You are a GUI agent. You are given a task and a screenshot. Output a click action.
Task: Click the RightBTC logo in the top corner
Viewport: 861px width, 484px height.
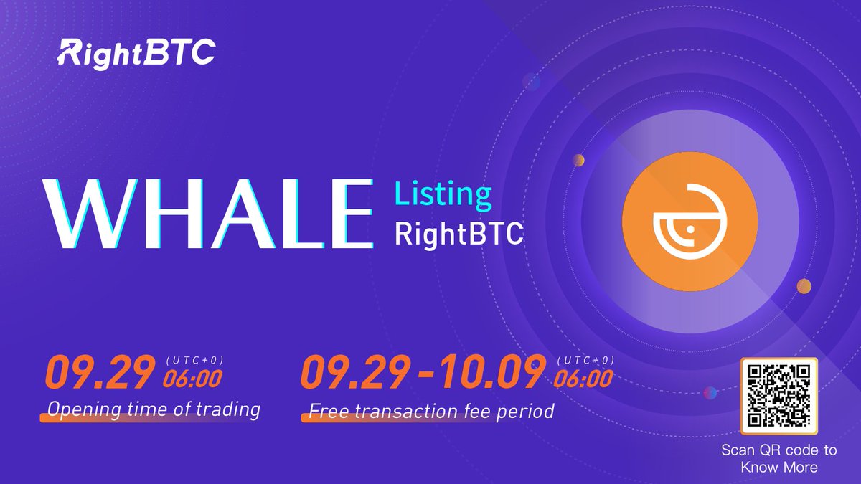(136, 52)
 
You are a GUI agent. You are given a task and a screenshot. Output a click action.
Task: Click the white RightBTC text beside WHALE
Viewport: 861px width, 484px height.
(459, 235)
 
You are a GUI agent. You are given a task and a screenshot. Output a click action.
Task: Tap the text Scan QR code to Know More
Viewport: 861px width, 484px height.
(778, 459)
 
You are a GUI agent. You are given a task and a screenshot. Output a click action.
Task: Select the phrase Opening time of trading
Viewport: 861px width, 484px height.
(153, 409)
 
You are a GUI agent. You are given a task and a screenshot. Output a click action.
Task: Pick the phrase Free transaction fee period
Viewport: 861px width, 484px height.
(431, 412)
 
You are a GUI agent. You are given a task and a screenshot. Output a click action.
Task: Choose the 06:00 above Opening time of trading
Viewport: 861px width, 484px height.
(192, 378)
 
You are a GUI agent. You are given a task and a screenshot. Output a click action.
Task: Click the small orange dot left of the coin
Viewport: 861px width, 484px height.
(578, 160)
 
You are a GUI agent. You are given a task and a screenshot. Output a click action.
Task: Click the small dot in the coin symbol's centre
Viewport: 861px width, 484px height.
(688, 230)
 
